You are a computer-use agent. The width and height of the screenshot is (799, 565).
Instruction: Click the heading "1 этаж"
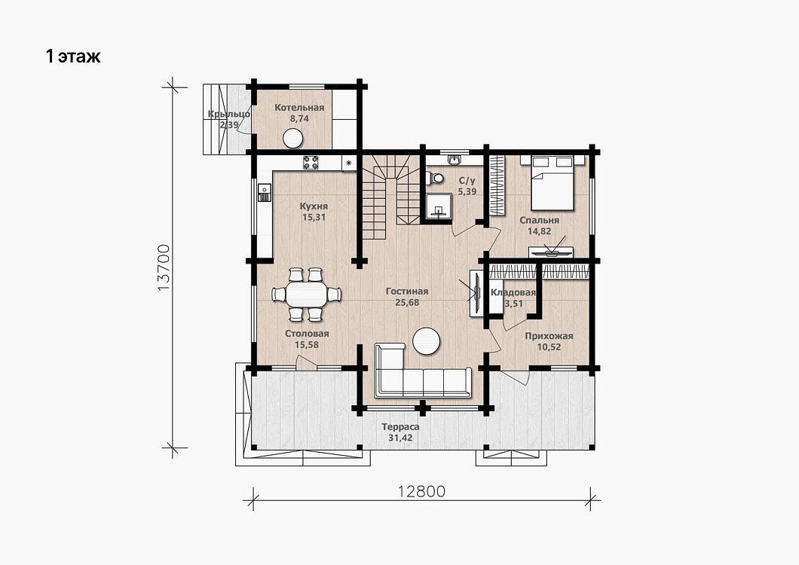(x=73, y=56)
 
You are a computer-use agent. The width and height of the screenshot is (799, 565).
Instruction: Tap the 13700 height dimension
(x=164, y=267)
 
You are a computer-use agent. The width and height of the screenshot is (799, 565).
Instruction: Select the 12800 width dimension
(x=421, y=491)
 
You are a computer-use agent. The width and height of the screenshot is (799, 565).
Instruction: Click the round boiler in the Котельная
(x=293, y=138)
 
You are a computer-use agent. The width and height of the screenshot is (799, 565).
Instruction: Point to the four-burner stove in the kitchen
(x=311, y=163)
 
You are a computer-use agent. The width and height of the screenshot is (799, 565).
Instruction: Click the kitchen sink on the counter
(x=265, y=193)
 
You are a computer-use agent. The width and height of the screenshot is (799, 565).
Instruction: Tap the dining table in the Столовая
(x=306, y=295)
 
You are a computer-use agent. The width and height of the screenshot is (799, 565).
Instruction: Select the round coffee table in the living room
(x=426, y=341)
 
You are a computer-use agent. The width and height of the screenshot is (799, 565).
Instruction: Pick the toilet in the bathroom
(x=435, y=179)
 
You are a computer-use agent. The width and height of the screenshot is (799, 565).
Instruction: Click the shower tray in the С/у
(x=438, y=206)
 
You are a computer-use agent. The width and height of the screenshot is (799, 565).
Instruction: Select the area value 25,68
(x=407, y=303)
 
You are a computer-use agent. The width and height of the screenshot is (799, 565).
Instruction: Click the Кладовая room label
(x=513, y=292)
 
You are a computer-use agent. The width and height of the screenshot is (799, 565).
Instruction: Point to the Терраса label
(x=400, y=427)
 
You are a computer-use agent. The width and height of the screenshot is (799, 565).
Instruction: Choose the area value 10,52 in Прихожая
(x=549, y=347)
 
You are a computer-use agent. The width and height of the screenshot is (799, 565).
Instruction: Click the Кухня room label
(x=314, y=206)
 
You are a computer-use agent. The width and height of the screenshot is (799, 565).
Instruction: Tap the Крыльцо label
(x=229, y=114)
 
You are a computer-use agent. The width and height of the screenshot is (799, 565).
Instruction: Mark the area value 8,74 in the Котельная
(x=300, y=119)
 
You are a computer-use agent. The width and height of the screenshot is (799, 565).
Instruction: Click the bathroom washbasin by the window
(x=455, y=160)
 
